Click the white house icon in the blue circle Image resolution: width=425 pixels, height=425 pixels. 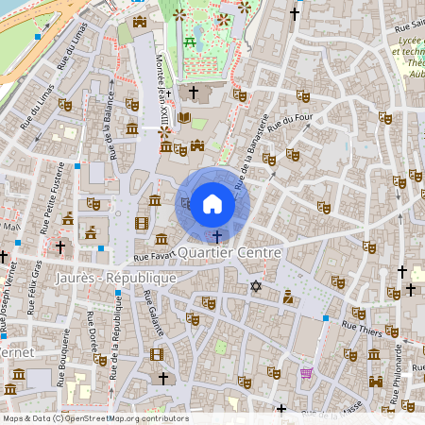(x=212, y=203)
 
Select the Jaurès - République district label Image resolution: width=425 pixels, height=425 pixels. (x=116, y=279)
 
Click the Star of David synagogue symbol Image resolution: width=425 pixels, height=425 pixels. (x=254, y=285)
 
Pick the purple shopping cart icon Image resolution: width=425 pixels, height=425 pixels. (x=305, y=373)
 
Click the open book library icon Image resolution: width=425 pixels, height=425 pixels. (x=183, y=118)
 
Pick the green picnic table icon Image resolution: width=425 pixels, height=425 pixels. (x=191, y=42)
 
